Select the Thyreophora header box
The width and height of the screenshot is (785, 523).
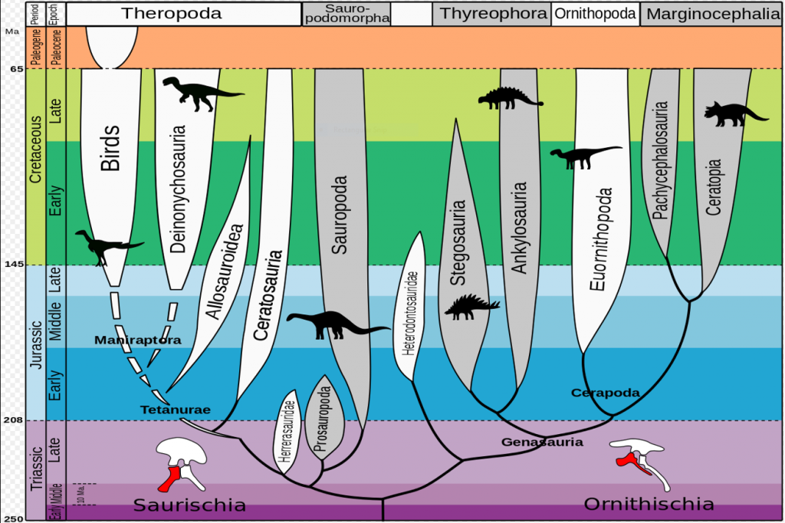click(491, 13)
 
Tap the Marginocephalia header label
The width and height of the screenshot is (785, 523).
click(711, 13)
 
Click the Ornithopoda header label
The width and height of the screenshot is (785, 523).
click(594, 13)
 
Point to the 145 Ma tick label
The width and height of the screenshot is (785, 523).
click(13, 265)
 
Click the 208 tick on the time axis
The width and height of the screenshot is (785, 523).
click(13, 420)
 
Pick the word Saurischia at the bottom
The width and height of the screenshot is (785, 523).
click(189, 505)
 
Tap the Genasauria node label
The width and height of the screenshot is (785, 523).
click(543, 442)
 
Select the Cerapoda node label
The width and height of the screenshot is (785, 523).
click(605, 393)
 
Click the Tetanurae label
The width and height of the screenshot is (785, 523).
click(176, 410)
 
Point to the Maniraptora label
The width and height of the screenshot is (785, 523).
click(138, 339)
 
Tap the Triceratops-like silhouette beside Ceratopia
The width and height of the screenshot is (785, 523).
click(734, 113)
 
